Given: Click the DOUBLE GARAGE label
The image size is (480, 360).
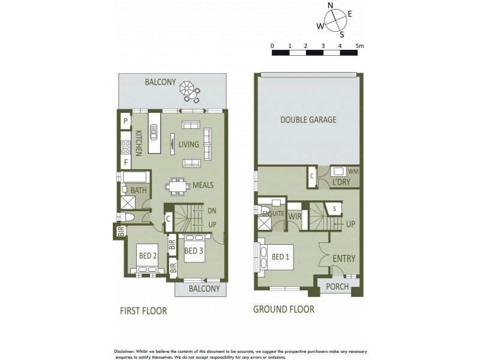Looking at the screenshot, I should (308, 119).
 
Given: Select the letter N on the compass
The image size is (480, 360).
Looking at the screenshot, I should (330, 6).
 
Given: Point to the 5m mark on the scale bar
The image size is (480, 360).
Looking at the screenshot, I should (359, 46).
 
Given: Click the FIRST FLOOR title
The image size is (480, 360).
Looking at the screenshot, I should (142, 311).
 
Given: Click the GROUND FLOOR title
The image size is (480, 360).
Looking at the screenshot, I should (283, 310).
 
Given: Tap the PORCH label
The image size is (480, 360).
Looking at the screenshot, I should (337, 287).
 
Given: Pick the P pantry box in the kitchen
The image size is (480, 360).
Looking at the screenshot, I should (126, 121).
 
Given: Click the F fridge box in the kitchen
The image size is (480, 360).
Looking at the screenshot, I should (126, 162).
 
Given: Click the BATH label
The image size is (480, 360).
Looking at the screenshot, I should (139, 190).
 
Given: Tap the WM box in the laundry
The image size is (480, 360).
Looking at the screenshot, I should (353, 172).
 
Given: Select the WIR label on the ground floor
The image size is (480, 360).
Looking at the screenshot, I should (295, 215).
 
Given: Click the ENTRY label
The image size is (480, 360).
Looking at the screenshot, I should (344, 259).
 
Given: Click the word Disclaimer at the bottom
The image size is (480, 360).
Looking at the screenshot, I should (128, 351).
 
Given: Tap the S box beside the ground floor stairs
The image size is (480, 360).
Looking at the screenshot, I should (334, 208).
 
